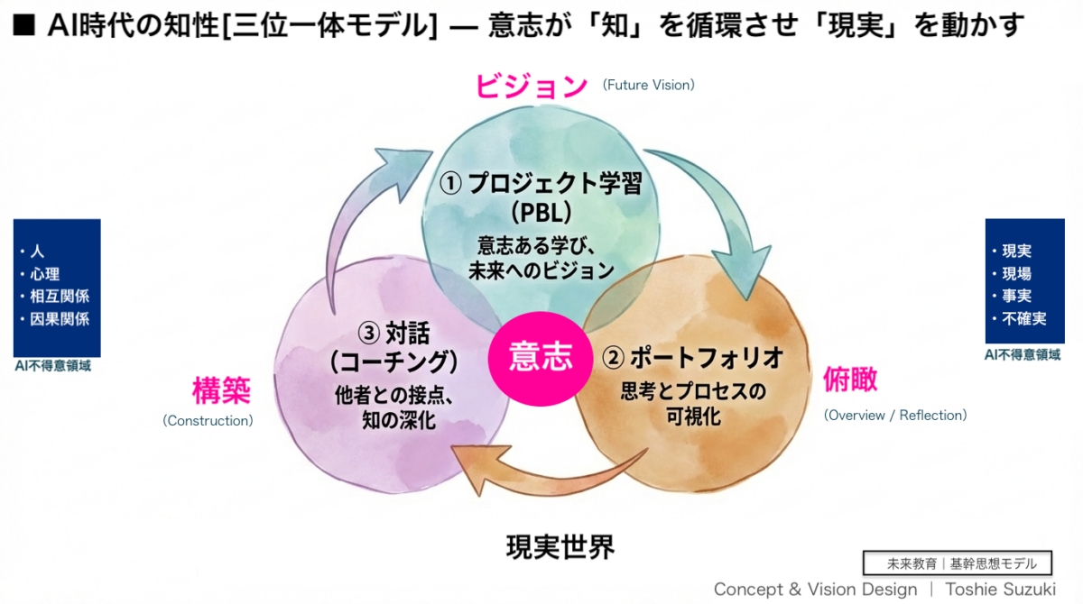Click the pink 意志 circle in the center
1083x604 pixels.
point(541,358)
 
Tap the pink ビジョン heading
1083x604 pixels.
point(532,86)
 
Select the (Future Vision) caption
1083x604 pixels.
point(648,85)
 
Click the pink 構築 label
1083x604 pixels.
point(221,390)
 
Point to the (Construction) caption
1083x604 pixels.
point(208,420)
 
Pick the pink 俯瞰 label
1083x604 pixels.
point(850,380)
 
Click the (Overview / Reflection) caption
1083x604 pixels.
point(895,416)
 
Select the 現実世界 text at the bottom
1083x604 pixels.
point(560,547)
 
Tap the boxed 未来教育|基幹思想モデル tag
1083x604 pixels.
point(958,563)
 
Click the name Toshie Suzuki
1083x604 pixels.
point(1000,590)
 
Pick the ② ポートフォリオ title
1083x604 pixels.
point(692,358)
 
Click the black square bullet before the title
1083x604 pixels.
point(24,25)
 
